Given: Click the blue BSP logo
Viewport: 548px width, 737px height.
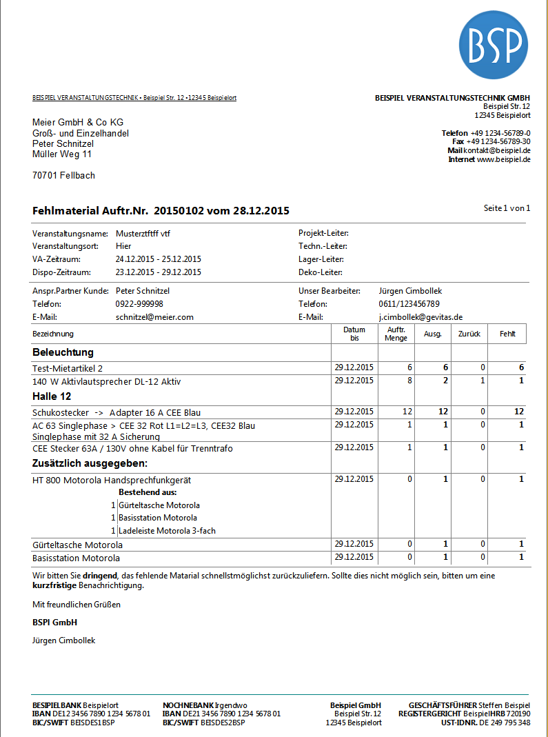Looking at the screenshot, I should (x=494, y=45).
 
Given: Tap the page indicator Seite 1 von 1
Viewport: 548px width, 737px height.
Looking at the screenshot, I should (x=507, y=208).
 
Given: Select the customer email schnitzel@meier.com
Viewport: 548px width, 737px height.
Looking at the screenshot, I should (x=154, y=316).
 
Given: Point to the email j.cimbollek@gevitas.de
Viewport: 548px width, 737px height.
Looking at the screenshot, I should (x=420, y=316).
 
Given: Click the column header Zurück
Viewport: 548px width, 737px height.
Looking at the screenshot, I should (x=469, y=334).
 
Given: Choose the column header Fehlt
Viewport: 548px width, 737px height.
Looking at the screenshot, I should (x=507, y=334).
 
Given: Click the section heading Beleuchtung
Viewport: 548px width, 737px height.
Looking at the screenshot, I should (x=63, y=352).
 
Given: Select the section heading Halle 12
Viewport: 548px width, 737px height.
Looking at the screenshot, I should (x=52, y=396).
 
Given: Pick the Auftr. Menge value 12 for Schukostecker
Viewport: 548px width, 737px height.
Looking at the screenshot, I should (x=407, y=412).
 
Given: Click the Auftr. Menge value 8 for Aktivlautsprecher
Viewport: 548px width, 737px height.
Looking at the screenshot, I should (x=409, y=381).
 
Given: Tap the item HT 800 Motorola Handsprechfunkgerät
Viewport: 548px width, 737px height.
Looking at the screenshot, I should (x=112, y=479).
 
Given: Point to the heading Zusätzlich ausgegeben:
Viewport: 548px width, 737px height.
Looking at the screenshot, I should (x=90, y=463).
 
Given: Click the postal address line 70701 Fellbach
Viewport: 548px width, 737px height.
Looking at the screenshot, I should (x=63, y=176).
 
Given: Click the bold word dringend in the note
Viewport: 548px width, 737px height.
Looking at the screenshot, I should (x=101, y=575).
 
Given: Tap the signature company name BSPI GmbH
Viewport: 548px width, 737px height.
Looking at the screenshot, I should (x=54, y=623).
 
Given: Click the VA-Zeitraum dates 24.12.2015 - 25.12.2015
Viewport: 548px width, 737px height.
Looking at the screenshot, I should (x=158, y=259).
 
